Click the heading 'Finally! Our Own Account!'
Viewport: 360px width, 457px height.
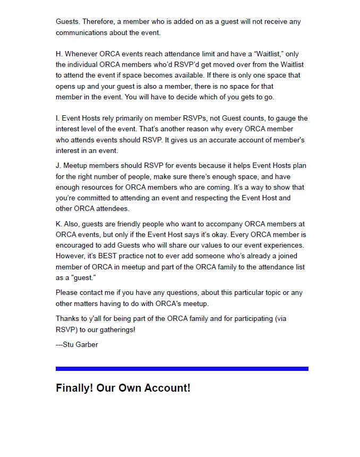tap(123, 388)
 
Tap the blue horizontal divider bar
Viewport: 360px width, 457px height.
tap(182, 368)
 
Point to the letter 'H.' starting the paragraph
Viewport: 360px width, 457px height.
tap(59, 54)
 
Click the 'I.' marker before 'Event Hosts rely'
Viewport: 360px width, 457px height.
tap(57, 119)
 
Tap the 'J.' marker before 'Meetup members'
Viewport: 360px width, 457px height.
tap(58, 166)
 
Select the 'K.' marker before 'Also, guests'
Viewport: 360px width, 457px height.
tap(59, 224)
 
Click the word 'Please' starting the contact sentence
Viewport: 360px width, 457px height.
tap(67, 292)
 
